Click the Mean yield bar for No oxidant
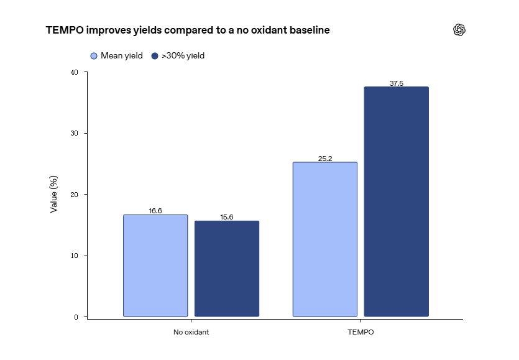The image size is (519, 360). [155, 265]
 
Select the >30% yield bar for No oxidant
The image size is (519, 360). [227, 269]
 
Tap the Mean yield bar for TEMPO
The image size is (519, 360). [325, 239]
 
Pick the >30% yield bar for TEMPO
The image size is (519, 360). [396, 201]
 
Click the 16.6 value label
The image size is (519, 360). [155, 211]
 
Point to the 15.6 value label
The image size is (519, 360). [227, 217]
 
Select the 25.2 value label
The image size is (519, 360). [325, 159]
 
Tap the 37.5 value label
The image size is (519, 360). [396, 83]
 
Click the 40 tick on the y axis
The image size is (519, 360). [75, 72]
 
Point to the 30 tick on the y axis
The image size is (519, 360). [75, 133]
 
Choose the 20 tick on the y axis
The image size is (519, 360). [75, 195]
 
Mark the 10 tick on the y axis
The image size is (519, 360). [75, 256]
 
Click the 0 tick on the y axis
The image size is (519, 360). [76, 317]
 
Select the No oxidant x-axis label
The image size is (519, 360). [191, 332]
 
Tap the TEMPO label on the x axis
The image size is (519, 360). [361, 332]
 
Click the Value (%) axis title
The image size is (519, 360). [53, 194]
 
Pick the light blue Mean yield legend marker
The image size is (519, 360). [94, 56]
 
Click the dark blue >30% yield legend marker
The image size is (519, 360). [155, 56]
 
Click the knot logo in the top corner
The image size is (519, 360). [459, 30]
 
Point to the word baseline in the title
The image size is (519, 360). [310, 30]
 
